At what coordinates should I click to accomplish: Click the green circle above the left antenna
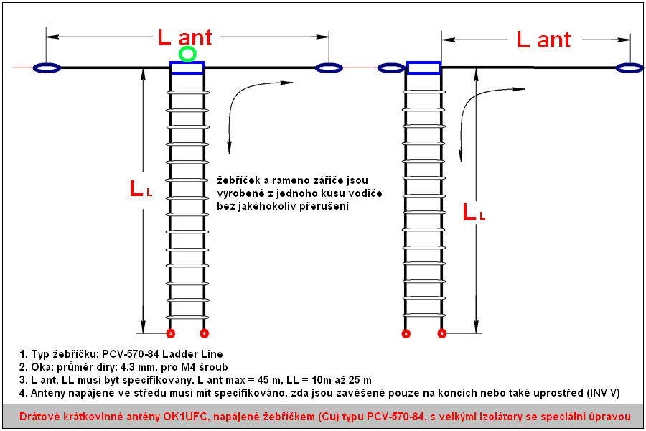(187, 54)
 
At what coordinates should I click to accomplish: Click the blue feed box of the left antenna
(187, 68)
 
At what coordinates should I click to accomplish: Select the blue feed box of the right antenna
(423, 68)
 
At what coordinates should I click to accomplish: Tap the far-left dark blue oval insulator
(47, 68)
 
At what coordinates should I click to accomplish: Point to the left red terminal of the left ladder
(171, 333)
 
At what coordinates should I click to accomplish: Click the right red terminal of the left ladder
(205, 333)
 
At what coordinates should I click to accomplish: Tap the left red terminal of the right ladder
(406, 333)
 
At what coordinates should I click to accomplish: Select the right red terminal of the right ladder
(441, 333)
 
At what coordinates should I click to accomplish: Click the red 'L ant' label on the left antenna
(184, 37)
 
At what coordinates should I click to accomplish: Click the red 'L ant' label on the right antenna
(544, 40)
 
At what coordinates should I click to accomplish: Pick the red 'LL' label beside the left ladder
(141, 188)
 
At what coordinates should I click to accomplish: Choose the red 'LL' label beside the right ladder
(474, 212)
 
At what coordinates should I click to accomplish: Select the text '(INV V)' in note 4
(604, 393)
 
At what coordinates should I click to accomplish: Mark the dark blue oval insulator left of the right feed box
(391, 68)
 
